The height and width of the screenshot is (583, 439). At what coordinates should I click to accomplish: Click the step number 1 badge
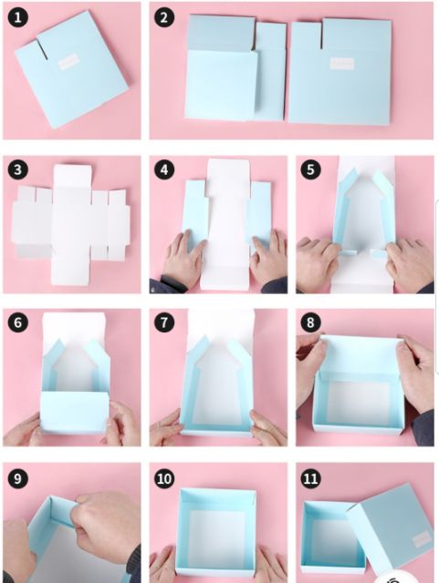17,17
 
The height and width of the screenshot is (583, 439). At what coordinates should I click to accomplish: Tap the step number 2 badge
164,17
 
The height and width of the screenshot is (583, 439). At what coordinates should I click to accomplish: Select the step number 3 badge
17,169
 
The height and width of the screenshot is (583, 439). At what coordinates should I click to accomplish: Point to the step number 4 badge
164,169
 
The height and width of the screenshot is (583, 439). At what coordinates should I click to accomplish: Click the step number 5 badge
310,169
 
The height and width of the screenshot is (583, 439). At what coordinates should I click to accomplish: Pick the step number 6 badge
17,322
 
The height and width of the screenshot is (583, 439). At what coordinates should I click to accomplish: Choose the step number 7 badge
164,322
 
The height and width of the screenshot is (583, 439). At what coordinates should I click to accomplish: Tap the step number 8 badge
310,322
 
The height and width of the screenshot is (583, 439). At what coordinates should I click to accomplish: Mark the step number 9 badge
17,478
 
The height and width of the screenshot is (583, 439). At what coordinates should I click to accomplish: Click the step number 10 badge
164,478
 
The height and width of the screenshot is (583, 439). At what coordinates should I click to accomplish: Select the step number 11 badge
310,478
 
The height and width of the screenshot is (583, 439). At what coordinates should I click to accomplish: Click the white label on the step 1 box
69,62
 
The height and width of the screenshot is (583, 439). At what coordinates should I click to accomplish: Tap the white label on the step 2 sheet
341,64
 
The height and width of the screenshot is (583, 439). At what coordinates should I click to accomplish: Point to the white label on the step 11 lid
422,539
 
